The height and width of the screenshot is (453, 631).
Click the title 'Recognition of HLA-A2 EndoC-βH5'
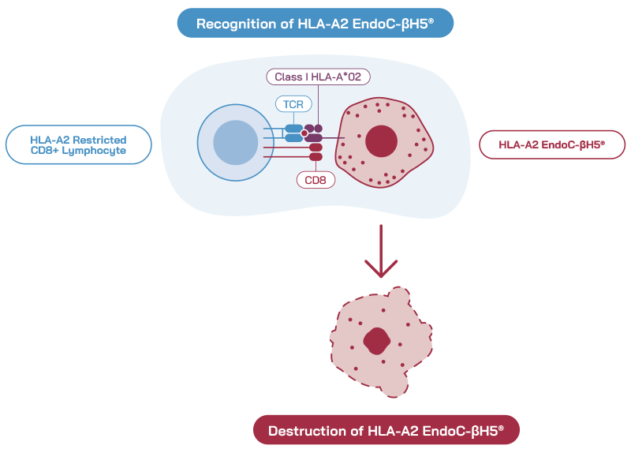[315, 24]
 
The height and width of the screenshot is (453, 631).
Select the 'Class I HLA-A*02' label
[318, 77]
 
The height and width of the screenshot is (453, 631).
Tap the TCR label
[293, 104]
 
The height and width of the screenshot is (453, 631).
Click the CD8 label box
[315, 180]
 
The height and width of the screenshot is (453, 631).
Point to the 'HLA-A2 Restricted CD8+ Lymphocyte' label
[78, 144]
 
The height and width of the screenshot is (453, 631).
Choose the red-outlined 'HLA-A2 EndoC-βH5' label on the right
[551, 144]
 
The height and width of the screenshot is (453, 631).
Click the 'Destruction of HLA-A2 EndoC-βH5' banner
[386, 431]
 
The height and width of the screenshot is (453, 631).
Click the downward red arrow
[380, 249]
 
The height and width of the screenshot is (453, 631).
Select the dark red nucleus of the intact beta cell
[381, 142]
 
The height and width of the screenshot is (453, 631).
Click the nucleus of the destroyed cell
[376, 341]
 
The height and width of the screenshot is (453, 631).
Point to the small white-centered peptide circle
[304, 133]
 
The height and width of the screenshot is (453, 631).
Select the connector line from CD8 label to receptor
[315, 166]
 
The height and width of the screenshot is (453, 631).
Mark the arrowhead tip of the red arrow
[380, 276]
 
